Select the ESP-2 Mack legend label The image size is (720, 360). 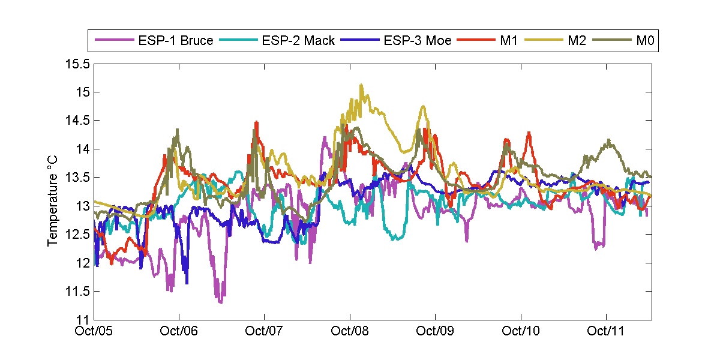click(297, 41)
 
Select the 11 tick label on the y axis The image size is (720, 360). click(83, 320)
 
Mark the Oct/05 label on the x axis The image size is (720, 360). click(95, 331)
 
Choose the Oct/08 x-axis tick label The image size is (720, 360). click(349, 331)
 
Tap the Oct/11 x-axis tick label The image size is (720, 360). click(606, 331)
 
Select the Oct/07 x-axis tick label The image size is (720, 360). click(264, 331)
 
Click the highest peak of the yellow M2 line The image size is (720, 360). click(361, 85)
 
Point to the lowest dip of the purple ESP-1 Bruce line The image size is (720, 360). click(221, 302)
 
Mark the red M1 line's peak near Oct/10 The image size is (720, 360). click(529, 133)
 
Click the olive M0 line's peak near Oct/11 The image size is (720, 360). click(609, 140)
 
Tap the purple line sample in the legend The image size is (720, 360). click(114, 41)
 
